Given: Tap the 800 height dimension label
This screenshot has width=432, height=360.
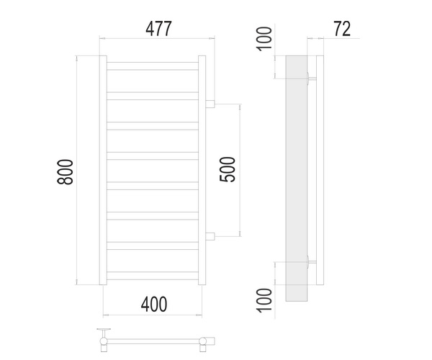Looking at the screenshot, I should tap(65, 171).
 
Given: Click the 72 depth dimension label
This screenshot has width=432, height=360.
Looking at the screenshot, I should tap(342, 30).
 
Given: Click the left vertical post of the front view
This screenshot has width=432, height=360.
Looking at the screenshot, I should tap(102, 171).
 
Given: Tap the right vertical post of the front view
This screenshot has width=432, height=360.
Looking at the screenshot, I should tap(202, 171).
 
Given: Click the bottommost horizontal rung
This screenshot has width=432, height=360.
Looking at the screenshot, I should tap(152, 274).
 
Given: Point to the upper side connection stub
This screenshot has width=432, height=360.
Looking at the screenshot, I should tap(210, 104).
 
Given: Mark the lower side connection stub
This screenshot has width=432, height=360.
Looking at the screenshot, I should tap(210, 235).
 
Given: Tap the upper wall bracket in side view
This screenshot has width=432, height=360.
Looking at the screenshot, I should tap(310, 78).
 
